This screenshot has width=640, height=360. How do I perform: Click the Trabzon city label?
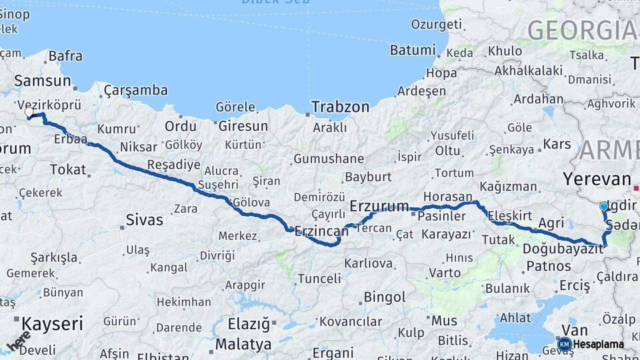click(x=340, y=107)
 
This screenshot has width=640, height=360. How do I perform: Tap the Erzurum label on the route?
click(x=379, y=205)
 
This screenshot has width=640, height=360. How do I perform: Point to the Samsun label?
click(x=42, y=81)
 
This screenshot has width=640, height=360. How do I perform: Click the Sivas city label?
click(x=144, y=219)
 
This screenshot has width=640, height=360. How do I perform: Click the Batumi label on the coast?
click(x=412, y=50)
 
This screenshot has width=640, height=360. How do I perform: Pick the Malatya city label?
click(x=243, y=344)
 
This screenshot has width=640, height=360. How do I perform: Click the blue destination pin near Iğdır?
click(x=604, y=207)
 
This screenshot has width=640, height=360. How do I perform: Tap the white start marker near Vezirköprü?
click(x=29, y=113)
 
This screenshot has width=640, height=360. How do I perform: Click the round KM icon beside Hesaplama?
click(x=564, y=344)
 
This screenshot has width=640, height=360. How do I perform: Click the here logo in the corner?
click(x=18, y=340)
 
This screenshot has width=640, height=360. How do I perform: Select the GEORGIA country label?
click(x=581, y=30)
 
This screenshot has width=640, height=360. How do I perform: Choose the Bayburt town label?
click(x=368, y=177)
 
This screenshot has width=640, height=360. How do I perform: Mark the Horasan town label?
click(x=447, y=197)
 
